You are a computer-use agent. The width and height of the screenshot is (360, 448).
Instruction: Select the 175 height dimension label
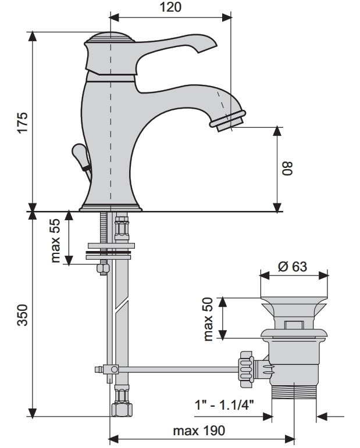22,123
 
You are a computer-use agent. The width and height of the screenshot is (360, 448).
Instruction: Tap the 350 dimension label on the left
22,314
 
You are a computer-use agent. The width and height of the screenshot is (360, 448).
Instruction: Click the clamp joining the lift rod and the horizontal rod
109,369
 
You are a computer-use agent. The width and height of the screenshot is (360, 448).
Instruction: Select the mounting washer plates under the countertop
109,250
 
